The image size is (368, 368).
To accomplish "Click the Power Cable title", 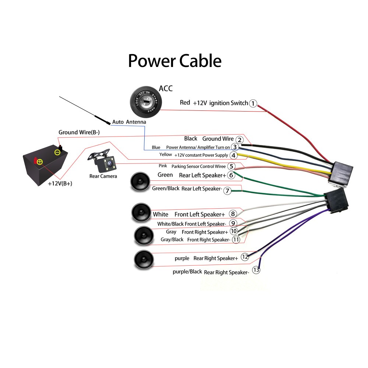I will click(x=174, y=61).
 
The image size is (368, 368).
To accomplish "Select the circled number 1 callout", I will click(x=253, y=103).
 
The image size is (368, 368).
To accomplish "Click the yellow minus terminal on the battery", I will click(x=57, y=152).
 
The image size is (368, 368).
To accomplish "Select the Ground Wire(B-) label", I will click(x=79, y=132).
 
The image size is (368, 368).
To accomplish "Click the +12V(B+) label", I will click(x=60, y=183).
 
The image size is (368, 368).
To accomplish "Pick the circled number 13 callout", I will click(x=256, y=270).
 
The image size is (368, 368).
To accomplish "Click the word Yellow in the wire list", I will click(x=166, y=155).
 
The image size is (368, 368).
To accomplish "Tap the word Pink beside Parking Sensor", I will click(x=163, y=166).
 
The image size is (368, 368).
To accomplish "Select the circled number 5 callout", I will click(x=231, y=166).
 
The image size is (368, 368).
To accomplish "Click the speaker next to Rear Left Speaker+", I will click(x=140, y=181).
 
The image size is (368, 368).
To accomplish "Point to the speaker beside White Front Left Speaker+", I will click(x=141, y=212).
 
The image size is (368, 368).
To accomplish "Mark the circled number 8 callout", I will click(x=232, y=214).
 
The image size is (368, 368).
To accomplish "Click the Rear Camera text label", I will click(x=103, y=176).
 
